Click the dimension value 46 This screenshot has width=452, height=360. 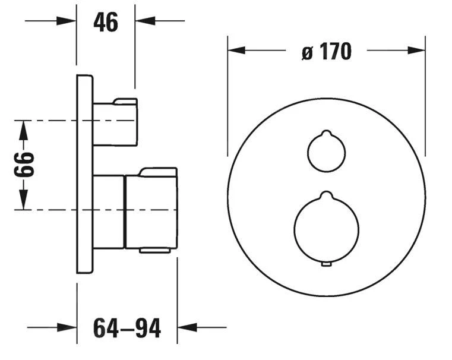(106, 22)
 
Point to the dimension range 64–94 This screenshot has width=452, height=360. (127, 327)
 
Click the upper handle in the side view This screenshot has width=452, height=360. (115, 122)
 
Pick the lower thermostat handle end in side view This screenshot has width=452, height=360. (151, 211)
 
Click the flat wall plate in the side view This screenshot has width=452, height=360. (85, 173)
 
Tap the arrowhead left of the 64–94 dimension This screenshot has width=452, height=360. (68, 327)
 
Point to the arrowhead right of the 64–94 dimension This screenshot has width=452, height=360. (187, 327)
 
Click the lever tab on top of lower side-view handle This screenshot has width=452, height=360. (157, 172)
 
